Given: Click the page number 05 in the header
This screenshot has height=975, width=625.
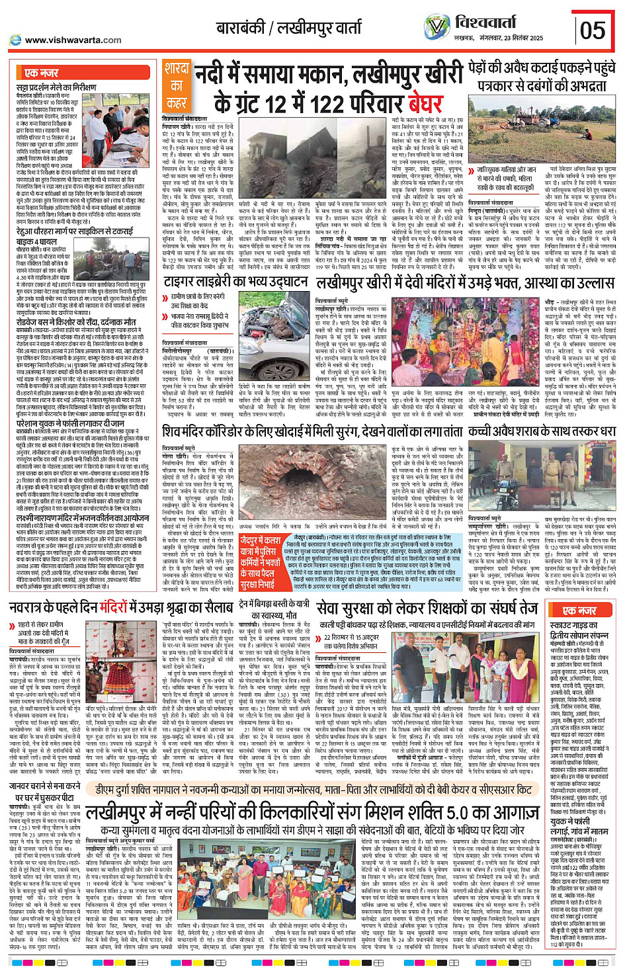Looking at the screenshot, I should (x=592, y=30).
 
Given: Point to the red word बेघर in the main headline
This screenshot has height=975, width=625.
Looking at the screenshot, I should (x=415, y=103).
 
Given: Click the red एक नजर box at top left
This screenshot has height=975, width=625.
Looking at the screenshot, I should (x=41, y=72).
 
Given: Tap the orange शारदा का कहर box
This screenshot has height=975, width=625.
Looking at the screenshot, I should (x=177, y=85).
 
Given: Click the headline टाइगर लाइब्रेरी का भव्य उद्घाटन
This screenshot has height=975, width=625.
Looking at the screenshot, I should (x=236, y=282).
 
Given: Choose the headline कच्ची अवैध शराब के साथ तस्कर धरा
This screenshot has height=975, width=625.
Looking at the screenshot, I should (x=542, y=431).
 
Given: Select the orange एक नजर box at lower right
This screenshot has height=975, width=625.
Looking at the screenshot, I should (x=579, y=610).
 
